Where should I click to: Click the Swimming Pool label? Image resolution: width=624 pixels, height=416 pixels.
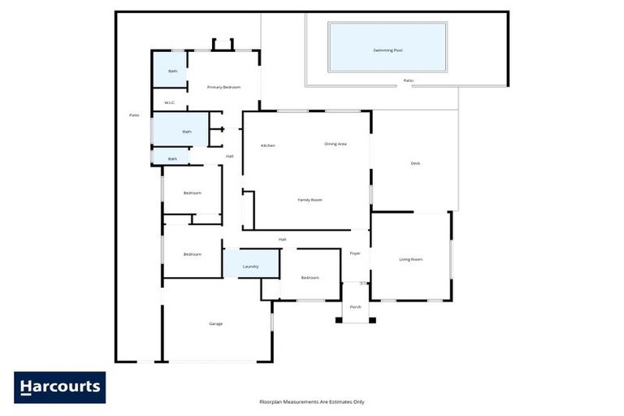click(x=388, y=50)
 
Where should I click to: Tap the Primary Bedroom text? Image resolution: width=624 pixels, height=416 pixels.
click(x=223, y=87)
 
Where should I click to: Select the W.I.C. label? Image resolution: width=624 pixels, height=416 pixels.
click(x=169, y=102)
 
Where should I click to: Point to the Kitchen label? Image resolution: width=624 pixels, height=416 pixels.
click(x=267, y=145)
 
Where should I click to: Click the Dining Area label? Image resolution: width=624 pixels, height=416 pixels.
click(x=336, y=144)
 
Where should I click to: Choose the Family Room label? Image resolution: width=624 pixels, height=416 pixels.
click(x=310, y=199)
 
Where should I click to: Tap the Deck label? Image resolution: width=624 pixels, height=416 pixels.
click(x=415, y=163)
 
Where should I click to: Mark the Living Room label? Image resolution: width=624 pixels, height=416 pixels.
click(x=410, y=260)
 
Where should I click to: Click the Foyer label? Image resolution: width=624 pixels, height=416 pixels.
click(x=355, y=253)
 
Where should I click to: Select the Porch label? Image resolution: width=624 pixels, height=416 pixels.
click(x=355, y=307)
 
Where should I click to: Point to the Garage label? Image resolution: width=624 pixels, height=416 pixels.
click(x=215, y=323)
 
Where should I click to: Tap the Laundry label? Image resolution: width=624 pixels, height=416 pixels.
click(x=251, y=266)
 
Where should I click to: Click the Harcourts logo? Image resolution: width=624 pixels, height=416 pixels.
click(x=59, y=388)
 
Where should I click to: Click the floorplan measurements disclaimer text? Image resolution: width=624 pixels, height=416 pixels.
click(x=312, y=401)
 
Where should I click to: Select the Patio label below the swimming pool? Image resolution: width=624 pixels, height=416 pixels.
click(x=408, y=81)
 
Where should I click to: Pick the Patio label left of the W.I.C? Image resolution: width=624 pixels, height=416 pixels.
click(x=134, y=115)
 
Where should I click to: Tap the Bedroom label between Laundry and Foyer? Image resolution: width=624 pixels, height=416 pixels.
click(x=310, y=278)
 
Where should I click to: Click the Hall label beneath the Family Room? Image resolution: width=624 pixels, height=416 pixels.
click(x=282, y=239)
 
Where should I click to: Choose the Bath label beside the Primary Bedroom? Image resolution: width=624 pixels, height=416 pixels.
click(x=172, y=71)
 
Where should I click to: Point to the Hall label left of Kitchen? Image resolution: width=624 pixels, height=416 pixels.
click(x=230, y=156)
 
